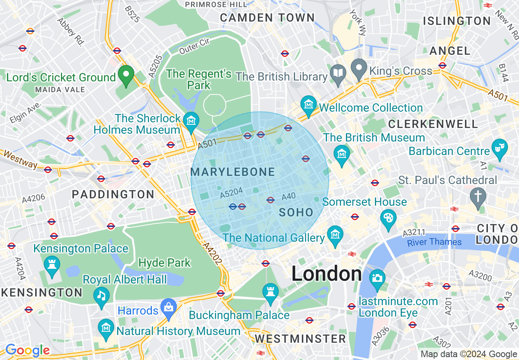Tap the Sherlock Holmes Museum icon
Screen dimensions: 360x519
tap(191, 121)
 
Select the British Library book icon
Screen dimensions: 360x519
tap(338, 74)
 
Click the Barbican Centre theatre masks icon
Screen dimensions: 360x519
tap(499, 146)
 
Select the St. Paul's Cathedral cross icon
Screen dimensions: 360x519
tap(478, 195)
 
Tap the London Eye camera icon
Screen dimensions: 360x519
tap(377, 278)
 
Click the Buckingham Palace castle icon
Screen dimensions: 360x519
tap(270, 292)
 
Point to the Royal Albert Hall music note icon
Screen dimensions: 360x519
tap(101, 295)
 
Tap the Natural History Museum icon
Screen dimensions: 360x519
tap(106, 328)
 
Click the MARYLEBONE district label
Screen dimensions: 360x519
tap(232, 172)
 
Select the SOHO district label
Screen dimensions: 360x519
tap(296, 212)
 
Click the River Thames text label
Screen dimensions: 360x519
tap(434, 242)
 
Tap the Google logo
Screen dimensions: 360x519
tap(27, 350)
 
